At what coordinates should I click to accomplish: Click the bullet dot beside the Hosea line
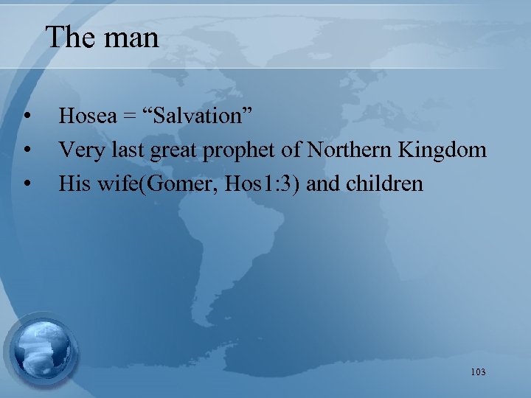27,116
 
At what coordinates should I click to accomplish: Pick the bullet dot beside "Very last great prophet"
27,150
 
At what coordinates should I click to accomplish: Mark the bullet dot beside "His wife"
27,183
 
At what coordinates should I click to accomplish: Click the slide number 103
477,372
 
